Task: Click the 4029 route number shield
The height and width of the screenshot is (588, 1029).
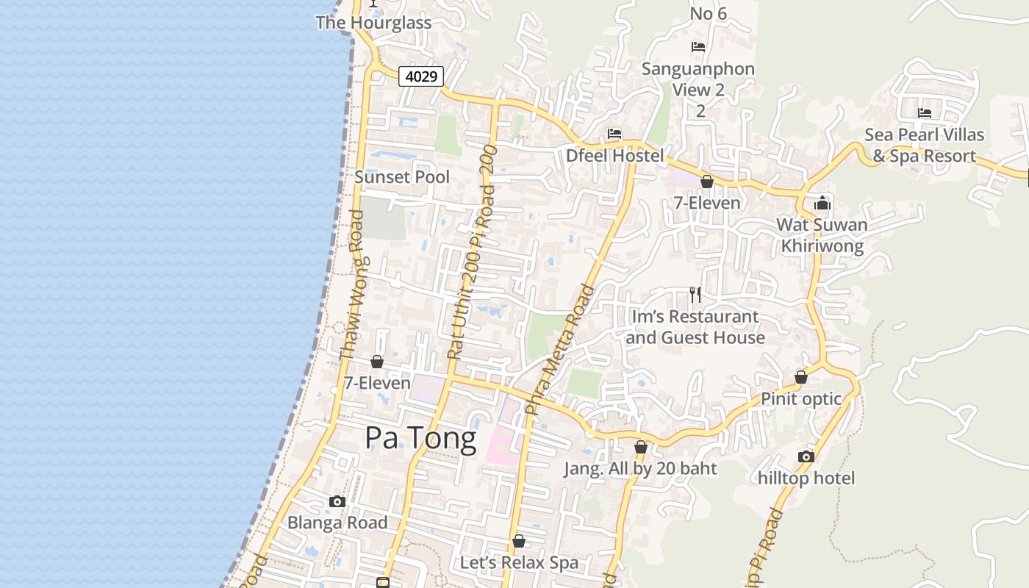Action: pos(421,76)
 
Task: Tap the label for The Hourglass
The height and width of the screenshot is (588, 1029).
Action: pos(373,23)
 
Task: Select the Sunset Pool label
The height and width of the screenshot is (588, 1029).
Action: pos(402,177)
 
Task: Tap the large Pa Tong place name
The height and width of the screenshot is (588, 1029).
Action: pos(420,439)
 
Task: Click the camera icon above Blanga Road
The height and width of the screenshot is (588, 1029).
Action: pos(337,501)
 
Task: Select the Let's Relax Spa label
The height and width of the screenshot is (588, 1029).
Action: pos(519,563)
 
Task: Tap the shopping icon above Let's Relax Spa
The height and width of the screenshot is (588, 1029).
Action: pos(519,541)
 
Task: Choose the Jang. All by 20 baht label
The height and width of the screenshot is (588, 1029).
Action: pos(640,468)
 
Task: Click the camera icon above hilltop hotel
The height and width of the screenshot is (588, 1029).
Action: pos(806,456)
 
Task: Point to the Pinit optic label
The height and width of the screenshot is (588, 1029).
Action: pos(801,399)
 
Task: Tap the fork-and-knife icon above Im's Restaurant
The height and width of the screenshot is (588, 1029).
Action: pos(695,295)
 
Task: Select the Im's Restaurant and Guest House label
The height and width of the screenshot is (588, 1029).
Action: pos(695,327)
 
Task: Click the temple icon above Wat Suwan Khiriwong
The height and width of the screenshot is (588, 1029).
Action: pos(822,203)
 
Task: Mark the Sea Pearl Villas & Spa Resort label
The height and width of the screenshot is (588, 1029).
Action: pos(924,146)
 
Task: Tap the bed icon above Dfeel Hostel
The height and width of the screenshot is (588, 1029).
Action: pos(614,134)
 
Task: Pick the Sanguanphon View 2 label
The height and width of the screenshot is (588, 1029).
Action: pos(698,79)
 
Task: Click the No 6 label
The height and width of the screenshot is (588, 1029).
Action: pos(709,13)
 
